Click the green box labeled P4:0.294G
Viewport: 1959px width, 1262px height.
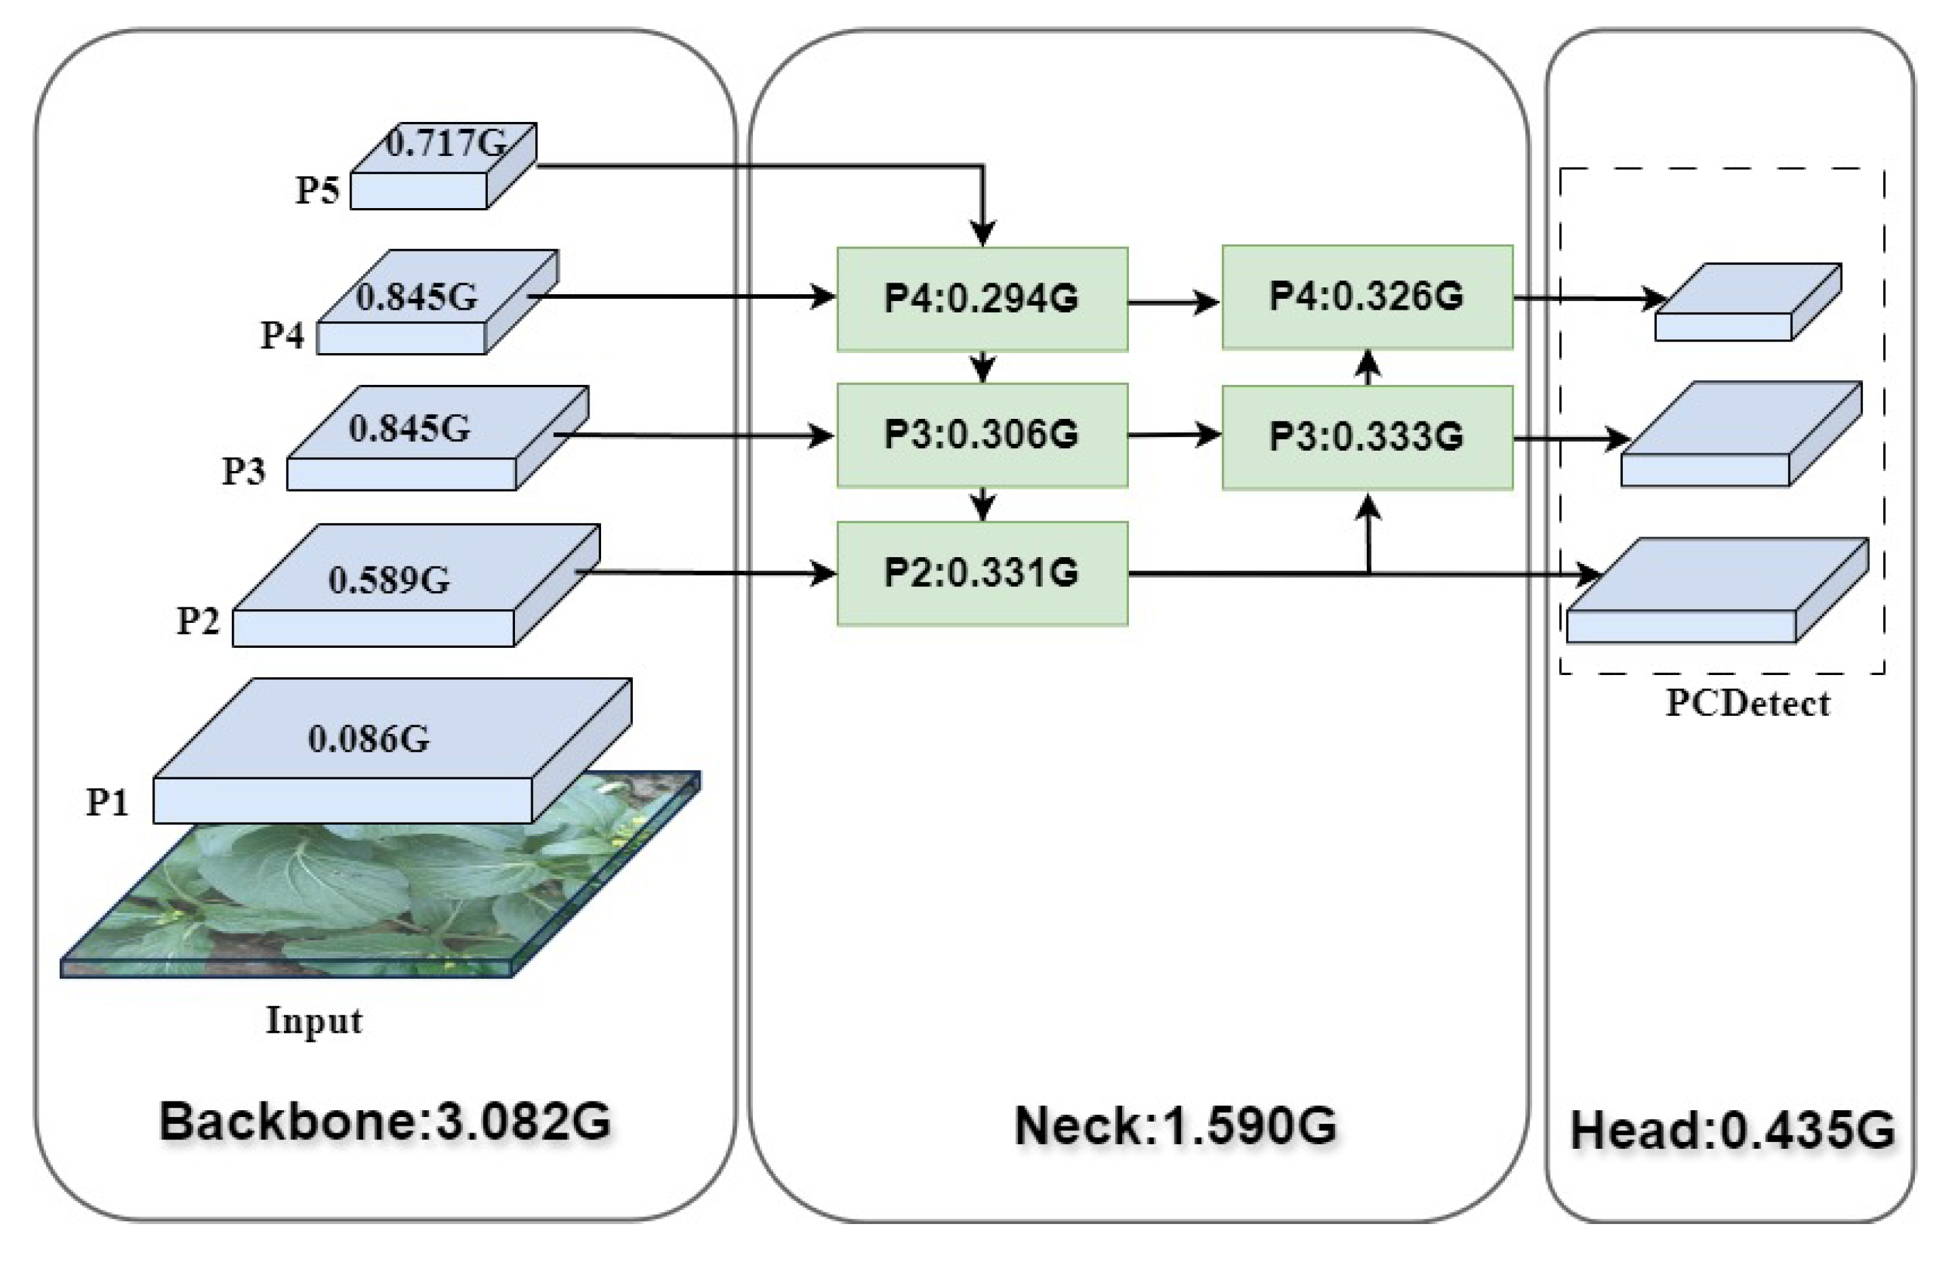point(982,299)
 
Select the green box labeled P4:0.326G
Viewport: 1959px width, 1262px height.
point(1367,297)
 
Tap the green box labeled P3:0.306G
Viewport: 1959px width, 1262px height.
point(982,435)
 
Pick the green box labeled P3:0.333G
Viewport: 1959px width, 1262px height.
point(1367,436)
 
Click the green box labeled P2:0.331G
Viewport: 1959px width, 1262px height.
point(982,573)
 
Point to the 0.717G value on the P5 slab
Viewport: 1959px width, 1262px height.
point(447,144)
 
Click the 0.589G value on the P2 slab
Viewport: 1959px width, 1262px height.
point(389,580)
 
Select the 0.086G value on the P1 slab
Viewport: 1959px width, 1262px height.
point(369,738)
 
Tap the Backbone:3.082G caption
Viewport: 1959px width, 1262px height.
point(385,1121)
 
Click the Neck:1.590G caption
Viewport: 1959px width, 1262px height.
point(1176,1126)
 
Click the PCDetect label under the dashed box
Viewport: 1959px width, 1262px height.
point(1748,703)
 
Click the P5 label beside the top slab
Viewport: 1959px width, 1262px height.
point(317,190)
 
